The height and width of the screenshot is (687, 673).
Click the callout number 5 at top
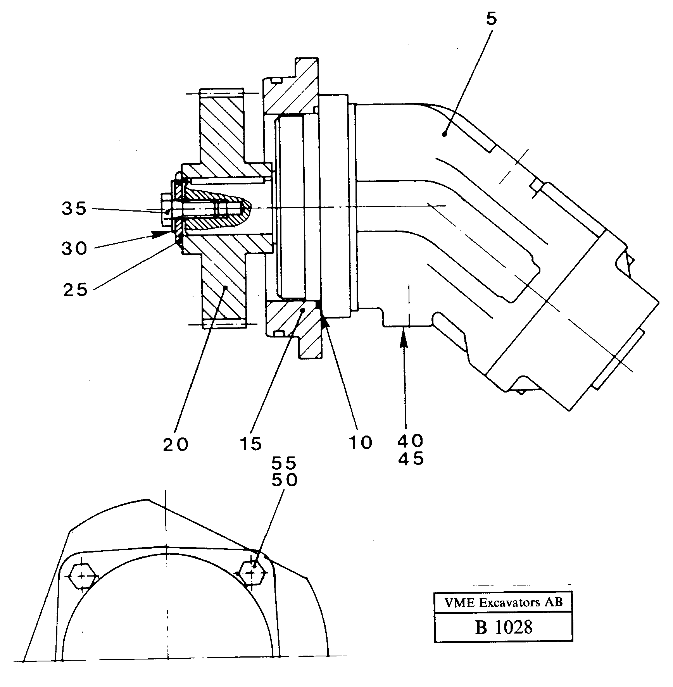pos(491,19)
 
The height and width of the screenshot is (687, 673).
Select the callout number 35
pos(74,209)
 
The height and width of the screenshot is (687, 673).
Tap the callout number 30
pos(74,248)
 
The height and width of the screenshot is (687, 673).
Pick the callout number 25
pos(76,289)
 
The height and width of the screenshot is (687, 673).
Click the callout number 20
pos(176,444)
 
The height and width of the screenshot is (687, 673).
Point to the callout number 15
pos(250,444)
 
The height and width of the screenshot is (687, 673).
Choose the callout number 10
pos(361,443)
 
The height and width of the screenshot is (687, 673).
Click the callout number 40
pos(411,441)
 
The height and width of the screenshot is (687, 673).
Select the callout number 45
pos(411,459)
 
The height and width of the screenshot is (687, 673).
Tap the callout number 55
pos(284,463)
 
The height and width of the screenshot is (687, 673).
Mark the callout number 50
pos(284,480)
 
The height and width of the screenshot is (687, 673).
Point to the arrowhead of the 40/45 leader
pos(404,334)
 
